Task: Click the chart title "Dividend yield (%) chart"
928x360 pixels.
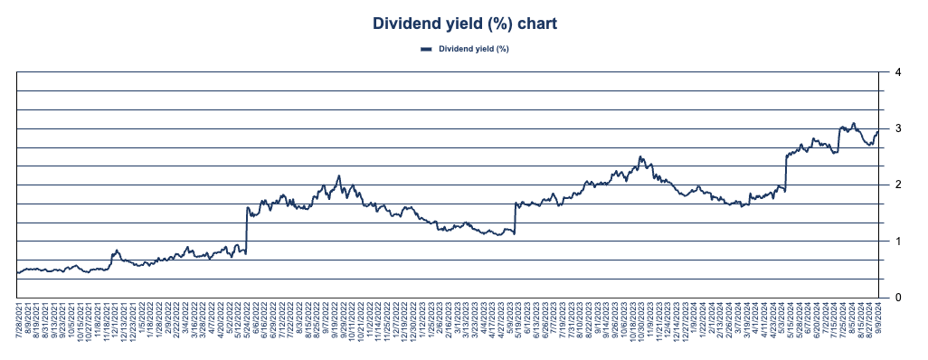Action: (x=463, y=24)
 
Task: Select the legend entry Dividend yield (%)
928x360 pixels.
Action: (x=474, y=49)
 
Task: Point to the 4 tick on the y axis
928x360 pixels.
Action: (x=896, y=72)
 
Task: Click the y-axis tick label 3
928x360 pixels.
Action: (x=896, y=128)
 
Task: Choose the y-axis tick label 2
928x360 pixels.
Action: (x=896, y=185)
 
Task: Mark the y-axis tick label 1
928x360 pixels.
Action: (x=896, y=242)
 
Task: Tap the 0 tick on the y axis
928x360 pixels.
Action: (x=896, y=298)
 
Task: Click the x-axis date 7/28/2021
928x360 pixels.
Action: (x=18, y=324)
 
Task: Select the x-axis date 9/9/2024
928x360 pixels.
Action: (x=878, y=322)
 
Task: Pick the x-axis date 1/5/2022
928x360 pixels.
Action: (x=144, y=322)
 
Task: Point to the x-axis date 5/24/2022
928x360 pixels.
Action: (x=248, y=324)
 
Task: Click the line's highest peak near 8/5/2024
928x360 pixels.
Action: (x=853, y=123)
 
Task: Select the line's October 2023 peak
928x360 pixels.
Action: (x=640, y=156)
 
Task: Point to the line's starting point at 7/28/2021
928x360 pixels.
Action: (x=18, y=272)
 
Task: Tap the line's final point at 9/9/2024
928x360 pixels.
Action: (x=878, y=132)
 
